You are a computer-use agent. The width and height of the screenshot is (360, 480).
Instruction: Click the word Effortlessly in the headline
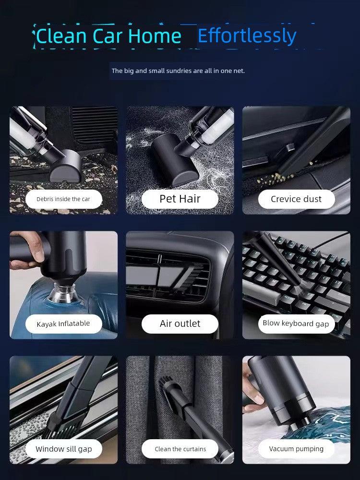coord(247,36)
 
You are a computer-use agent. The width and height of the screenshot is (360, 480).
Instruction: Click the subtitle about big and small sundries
coord(178,71)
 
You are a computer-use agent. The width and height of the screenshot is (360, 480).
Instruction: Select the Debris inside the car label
coord(63,199)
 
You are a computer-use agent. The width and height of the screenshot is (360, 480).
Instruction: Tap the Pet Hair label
coord(180,199)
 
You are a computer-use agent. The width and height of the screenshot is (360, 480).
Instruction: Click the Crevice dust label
coord(296,199)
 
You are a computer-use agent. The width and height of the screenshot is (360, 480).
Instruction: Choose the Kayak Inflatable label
coord(63,324)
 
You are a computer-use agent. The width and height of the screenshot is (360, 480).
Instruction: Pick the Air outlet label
coord(180,324)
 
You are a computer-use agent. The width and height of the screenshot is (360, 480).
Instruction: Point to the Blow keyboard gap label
coord(296,324)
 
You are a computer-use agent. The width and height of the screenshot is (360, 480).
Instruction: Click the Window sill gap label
coord(64,449)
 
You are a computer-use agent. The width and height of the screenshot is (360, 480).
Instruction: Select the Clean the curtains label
coord(180,449)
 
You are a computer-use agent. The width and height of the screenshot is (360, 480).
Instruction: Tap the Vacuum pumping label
coord(296,449)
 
